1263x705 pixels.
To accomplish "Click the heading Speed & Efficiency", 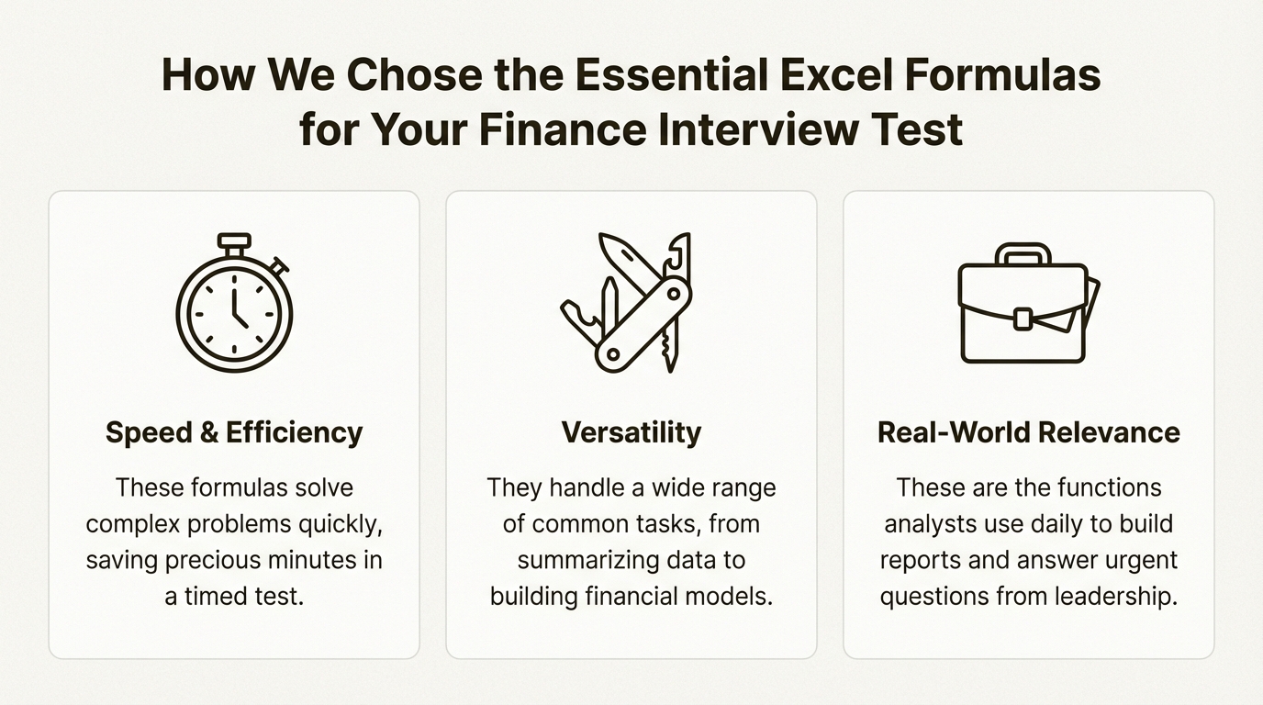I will click(234, 432).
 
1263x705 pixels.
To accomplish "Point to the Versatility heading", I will click(631, 432).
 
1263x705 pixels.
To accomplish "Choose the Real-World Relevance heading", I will click(1029, 432).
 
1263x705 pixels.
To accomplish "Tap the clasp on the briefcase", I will click(1023, 319).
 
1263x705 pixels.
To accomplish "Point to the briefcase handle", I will click(1023, 253).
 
